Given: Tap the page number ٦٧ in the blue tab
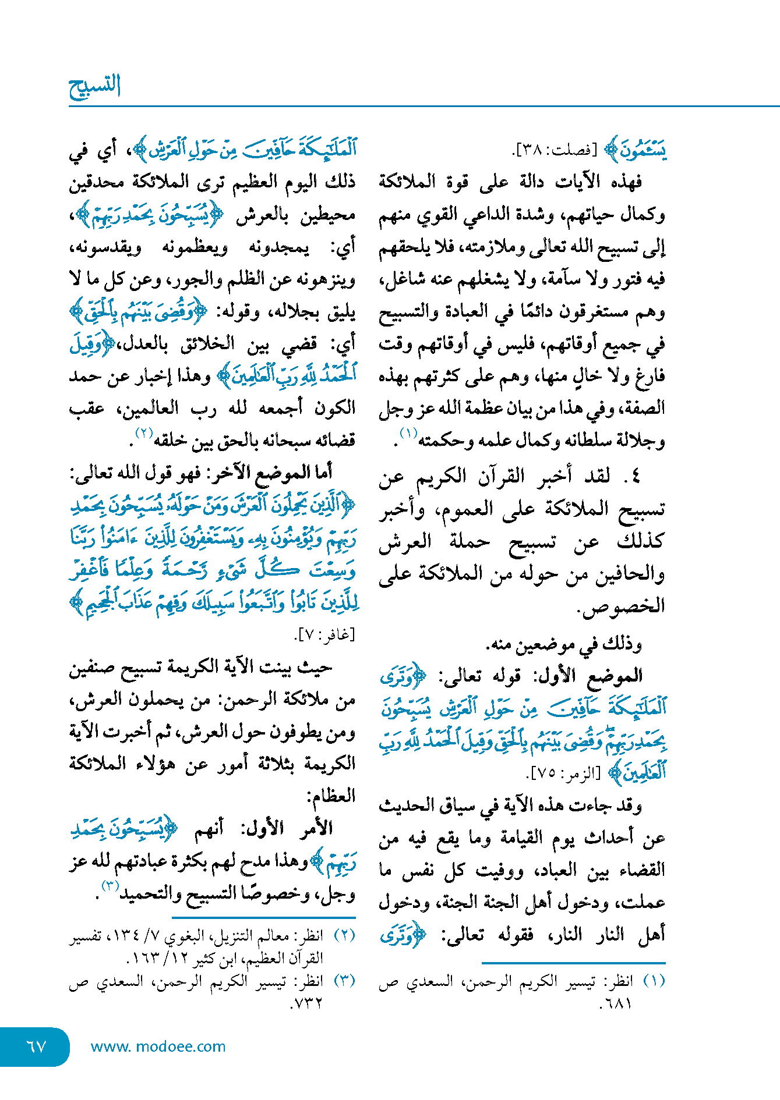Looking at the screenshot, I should [36, 1046].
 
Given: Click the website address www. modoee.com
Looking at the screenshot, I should [158, 1046].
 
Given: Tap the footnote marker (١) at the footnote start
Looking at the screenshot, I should [654, 981].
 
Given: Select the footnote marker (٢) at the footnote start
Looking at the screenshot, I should [344, 935].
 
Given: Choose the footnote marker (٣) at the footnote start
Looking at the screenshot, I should [344, 981].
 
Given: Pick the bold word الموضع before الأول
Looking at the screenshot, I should [619, 675].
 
